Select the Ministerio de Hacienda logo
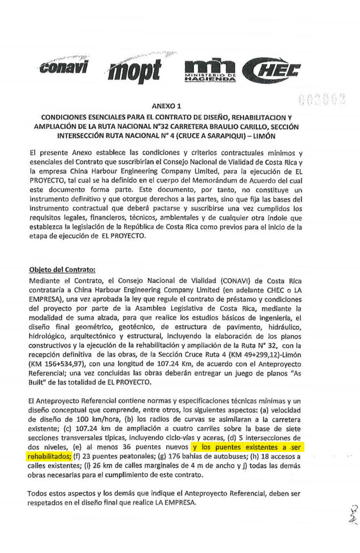tap(210, 71)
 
